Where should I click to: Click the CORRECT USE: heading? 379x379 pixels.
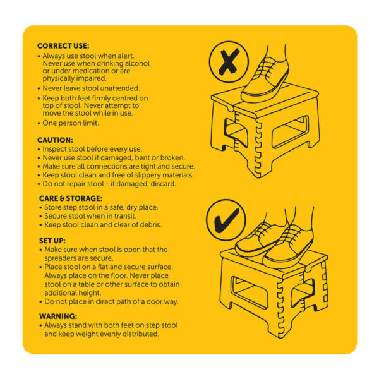[x=63, y=46]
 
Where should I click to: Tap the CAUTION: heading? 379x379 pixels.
[x=56, y=140]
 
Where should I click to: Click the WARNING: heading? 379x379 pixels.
[x=58, y=316]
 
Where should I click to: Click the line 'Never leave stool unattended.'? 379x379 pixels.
[x=91, y=88]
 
